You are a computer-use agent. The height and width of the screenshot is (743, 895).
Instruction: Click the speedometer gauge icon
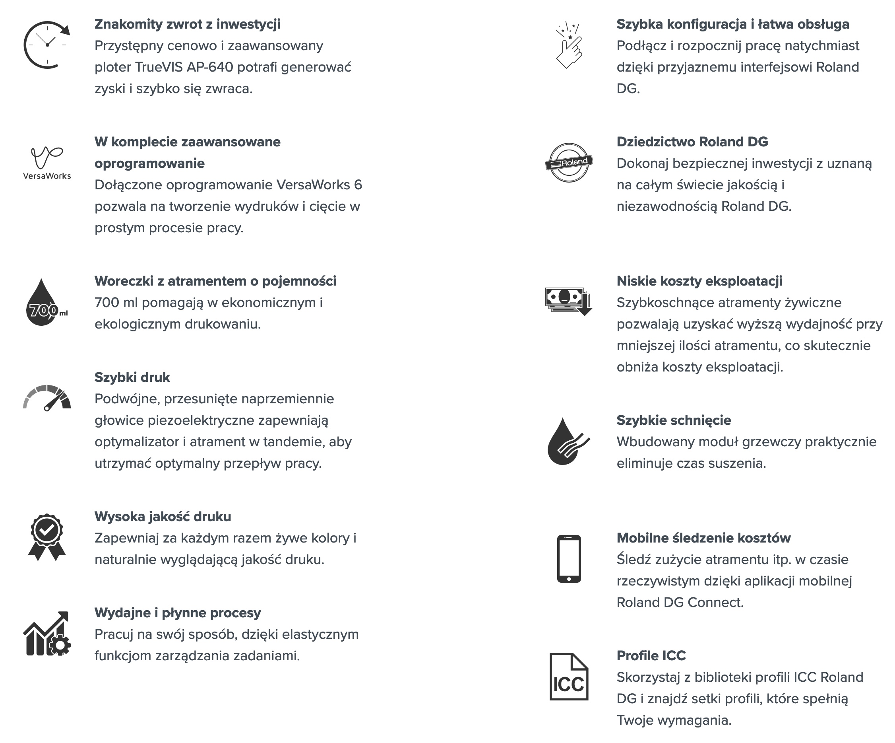(47, 398)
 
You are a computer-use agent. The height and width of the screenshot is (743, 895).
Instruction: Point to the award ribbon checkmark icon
(47, 537)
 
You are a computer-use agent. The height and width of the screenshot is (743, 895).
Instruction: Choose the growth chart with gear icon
(47, 633)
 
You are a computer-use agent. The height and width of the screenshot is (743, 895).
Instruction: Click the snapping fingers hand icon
(569, 46)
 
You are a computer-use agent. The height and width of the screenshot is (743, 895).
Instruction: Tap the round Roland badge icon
(569, 163)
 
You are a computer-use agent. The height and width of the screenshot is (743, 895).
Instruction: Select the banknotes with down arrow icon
(569, 301)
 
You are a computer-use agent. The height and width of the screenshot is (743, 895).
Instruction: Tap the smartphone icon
(569, 559)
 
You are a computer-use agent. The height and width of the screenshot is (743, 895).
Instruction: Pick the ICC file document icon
(569, 677)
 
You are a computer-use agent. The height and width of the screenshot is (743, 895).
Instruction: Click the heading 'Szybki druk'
(132, 377)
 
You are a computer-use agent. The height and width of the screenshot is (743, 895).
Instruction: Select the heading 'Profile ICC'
(651, 655)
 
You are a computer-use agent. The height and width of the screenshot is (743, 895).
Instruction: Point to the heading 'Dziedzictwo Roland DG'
(692, 142)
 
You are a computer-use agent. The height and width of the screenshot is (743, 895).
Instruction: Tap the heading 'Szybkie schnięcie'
(674, 420)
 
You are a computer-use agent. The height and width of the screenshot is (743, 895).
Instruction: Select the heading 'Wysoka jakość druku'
(163, 517)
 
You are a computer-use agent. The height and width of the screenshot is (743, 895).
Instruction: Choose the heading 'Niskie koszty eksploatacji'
(699, 281)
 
